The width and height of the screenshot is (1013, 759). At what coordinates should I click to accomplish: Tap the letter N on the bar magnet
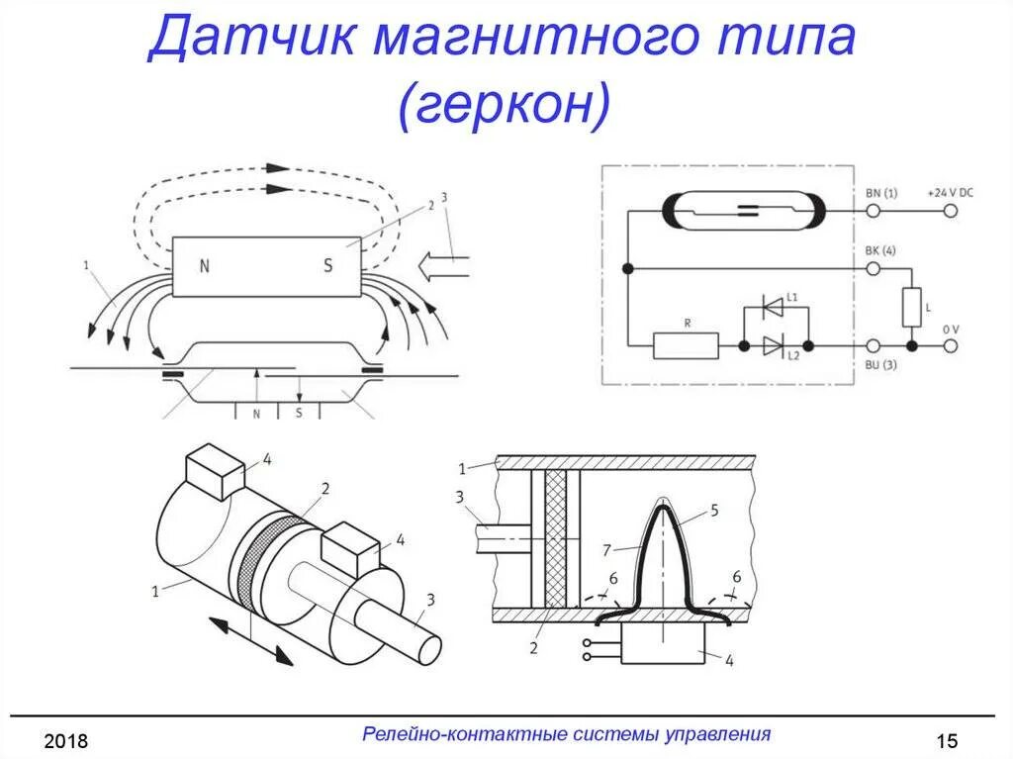click(x=205, y=265)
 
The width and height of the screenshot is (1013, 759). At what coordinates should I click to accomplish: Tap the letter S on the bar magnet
click(x=328, y=265)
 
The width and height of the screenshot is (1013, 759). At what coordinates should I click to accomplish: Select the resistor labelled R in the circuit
click(x=686, y=345)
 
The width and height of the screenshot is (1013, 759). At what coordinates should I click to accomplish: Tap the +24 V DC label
click(x=950, y=193)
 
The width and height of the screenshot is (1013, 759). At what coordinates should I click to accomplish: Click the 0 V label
click(x=950, y=329)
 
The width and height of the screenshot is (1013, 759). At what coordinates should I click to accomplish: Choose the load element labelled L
click(x=909, y=308)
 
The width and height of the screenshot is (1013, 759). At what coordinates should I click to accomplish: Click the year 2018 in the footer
click(x=66, y=741)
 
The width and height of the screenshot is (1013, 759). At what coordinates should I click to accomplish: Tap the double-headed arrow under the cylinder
click(x=252, y=639)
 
